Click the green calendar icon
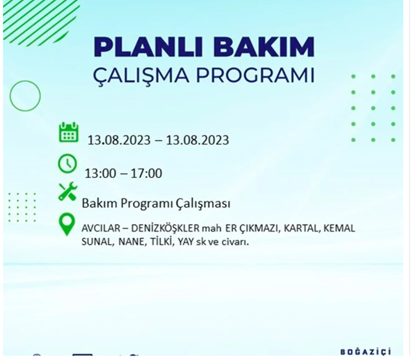(x=68, y=132)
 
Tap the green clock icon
(x=67, y=164)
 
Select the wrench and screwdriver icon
(x=68, y=192)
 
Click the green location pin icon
(x=66, y=224)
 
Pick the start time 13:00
(x=99, y=174)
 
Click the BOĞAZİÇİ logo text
(x=365, y=352)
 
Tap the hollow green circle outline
(x=25, y=96)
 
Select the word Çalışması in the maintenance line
(x=203, y=204)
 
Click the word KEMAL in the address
(x=339, y=228)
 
